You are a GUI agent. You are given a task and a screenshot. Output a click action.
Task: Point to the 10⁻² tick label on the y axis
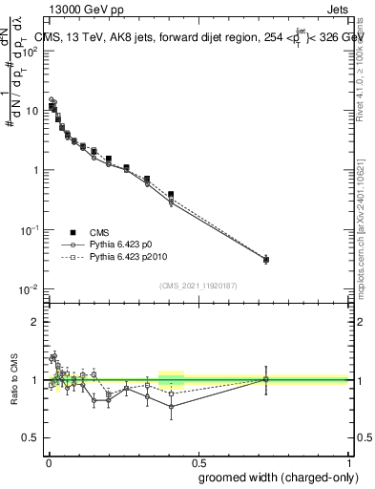[x=30, y=289]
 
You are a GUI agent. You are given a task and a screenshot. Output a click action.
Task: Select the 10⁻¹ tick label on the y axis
[x=30, y=230]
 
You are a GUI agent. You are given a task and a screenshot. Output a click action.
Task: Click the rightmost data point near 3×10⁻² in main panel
[x=266, y=259]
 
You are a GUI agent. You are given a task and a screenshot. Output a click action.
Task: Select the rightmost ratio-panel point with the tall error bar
[x=266, y=379]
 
